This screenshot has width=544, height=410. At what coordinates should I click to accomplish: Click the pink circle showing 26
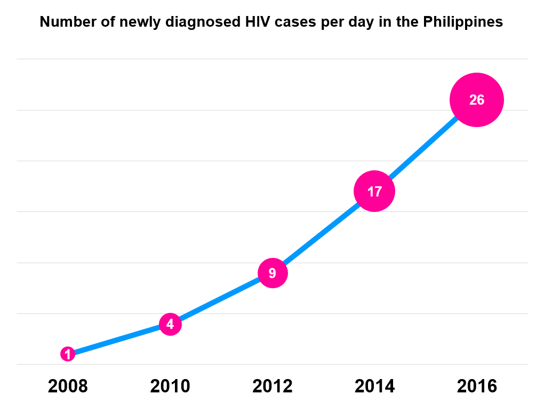coord(476,100)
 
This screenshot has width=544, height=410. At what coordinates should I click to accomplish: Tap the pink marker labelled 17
coord(374,191)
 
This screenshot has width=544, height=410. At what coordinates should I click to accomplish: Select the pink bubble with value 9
coord(273,273)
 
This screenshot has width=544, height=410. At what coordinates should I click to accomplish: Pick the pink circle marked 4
coord(170,324)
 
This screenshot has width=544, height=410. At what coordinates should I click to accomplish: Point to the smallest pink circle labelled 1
coord(68,354)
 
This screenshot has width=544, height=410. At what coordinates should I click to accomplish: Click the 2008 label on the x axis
coord(68,386)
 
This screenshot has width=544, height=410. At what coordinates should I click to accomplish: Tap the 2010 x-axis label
coord(170,386)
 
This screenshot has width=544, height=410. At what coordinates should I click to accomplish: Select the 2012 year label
coord(273,386)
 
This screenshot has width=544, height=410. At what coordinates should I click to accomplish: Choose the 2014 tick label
coord(374,386)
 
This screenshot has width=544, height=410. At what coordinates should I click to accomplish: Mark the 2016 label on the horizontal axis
coord(476,386)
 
